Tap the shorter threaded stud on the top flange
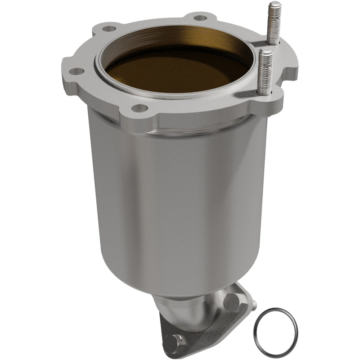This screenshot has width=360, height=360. tap(265, 72)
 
